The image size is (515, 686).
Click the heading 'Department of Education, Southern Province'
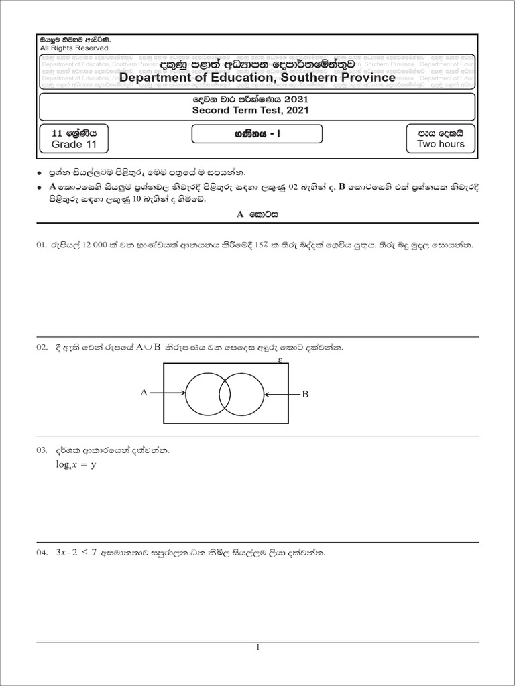point(257,78)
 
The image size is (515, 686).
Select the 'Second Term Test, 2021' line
point(250,111)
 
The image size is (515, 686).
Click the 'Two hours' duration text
point(440,144)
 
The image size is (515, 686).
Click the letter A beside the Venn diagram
point(144,393)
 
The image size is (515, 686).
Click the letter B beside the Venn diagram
point(304,395)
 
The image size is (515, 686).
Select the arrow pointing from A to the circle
point(168,393)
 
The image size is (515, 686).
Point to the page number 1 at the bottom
point(257,647)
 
